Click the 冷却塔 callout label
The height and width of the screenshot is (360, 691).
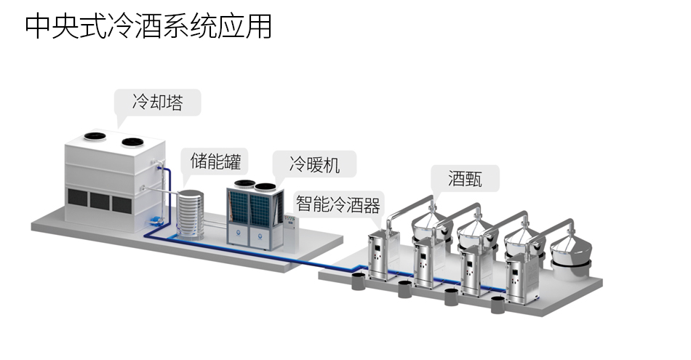tap(157, 103)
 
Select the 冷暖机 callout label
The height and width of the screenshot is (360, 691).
tap(313, 164)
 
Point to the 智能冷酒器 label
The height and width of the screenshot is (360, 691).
tap(338, 203)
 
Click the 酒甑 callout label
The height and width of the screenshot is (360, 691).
tap(465, 177)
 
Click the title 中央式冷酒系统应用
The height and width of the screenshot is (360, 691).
tap(148, 26)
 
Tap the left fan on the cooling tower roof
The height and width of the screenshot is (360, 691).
tap(92, 136)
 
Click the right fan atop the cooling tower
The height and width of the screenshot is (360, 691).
tap(132, 142)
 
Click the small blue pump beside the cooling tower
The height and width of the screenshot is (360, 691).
tap(154, 219)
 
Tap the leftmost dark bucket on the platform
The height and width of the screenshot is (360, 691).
tap(358, 281)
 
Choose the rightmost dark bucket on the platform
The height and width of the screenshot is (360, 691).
tap(498, 305)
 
